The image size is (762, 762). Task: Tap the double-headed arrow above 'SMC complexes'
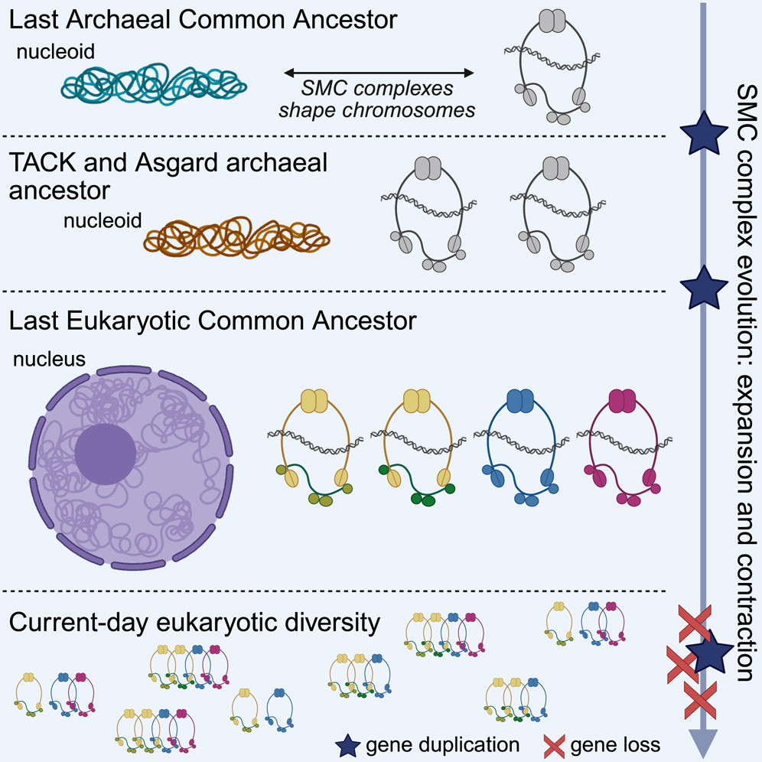pyautogui.click(x=379, y=73)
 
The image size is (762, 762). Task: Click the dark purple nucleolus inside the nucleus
pyautogui.click(x=105, y=451)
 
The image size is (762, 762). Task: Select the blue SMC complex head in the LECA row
pyautogui.click(x=519, y=400)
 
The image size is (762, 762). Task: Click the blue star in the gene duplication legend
pyautogui.click(x=349, y=743)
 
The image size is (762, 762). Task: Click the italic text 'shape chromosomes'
pyautogui.click(x=378, y=109)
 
